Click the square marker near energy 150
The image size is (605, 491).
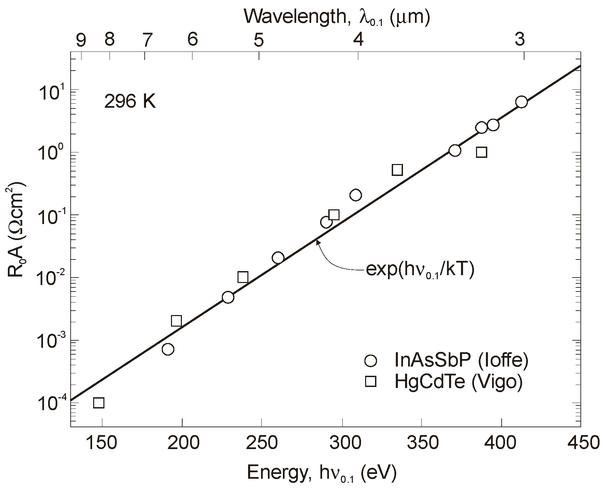point(99,403)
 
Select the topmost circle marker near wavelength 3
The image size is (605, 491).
point(521,102)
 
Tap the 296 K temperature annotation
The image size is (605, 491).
point(130,102)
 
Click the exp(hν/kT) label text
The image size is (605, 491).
point(420,270)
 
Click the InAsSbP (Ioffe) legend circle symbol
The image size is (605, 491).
point(370,360)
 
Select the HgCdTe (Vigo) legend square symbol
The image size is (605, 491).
point(370,382)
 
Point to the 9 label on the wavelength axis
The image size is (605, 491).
point(81,41)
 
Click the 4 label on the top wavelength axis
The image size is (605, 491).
point(358,41)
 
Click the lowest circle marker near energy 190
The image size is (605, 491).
point(168,349)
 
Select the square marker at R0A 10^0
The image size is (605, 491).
point(481,152)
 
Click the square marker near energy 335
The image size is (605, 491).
point(398,170)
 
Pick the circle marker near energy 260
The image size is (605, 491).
point(278,258)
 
